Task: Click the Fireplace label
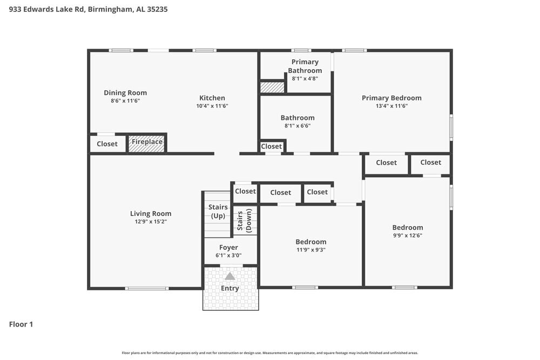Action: [x=147, y=142]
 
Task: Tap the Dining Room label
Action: [x=125, y=93]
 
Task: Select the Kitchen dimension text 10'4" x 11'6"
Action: [x=212, y=106]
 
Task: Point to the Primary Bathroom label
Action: [x=305, y=66]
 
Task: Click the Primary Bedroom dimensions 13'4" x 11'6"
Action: [x=391, y=106]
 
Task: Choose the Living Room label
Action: [x=151, y=214]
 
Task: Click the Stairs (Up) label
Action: [x=218, y=212]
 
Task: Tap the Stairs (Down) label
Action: [x=245, y=220]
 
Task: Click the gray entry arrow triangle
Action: [x=230, y=276]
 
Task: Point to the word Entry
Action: [x=230, y=289]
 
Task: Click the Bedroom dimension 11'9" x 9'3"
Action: [x=311, y=250]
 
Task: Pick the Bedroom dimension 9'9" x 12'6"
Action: [x=408, y=236]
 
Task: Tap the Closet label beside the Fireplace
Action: [x=107, y=144]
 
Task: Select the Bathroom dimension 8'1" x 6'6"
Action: [x=298, y=126]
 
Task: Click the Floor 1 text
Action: [x=21, y=324]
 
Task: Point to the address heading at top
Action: [x=88, y=9]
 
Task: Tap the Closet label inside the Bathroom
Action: [x=272, y=146]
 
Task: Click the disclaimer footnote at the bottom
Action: [x=270, y=353]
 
